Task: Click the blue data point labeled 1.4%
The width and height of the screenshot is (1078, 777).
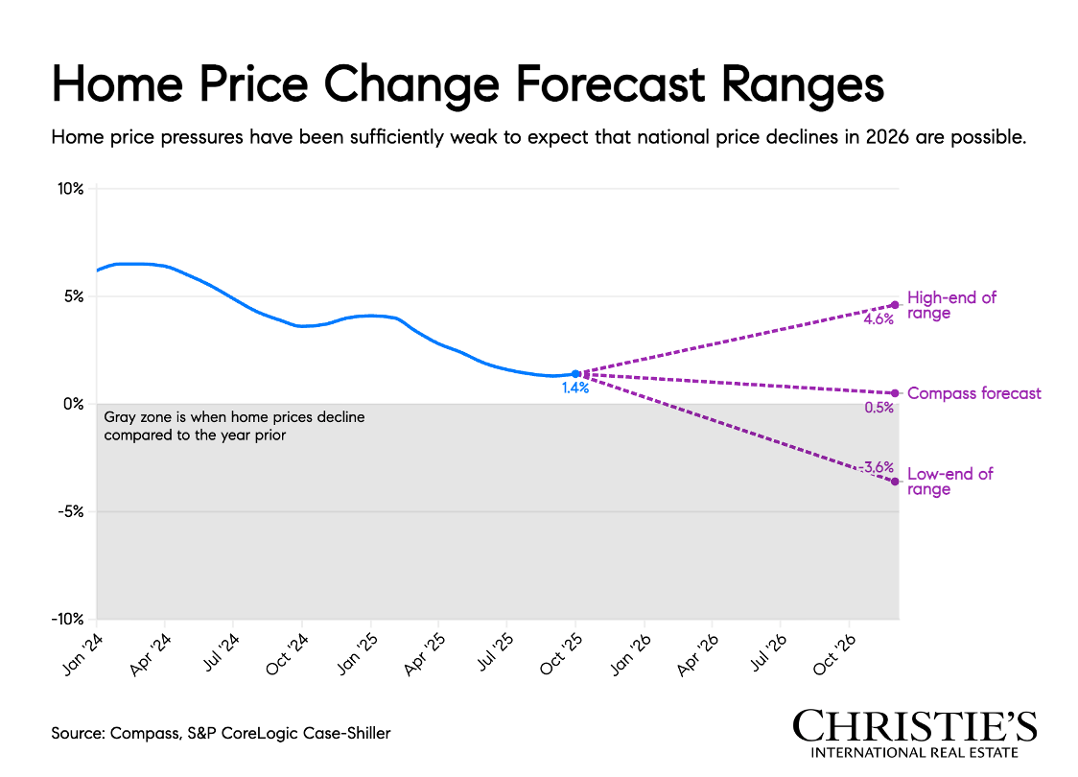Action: [575, 373]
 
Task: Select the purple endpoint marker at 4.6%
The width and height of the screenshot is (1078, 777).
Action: [895, 305]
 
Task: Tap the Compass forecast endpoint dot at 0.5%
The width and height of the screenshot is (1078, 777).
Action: [895, 393]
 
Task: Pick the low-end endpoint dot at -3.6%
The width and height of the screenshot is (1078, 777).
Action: [895, 482]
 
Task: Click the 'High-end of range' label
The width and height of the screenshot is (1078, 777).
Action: [951, 305]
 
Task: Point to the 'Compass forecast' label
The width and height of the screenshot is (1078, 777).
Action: [973, 393]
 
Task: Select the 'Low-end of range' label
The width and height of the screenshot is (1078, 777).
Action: [949, 482]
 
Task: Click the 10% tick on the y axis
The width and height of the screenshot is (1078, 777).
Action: [71, 189]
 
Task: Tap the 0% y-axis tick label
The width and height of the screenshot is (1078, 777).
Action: [75, 404]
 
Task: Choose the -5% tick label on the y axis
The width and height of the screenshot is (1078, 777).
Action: [72, 511]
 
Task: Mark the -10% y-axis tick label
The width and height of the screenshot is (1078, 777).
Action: [69, 620]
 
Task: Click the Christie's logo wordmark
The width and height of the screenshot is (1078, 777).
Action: [914, 726]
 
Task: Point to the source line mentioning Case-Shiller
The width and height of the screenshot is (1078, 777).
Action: [222, 733]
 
